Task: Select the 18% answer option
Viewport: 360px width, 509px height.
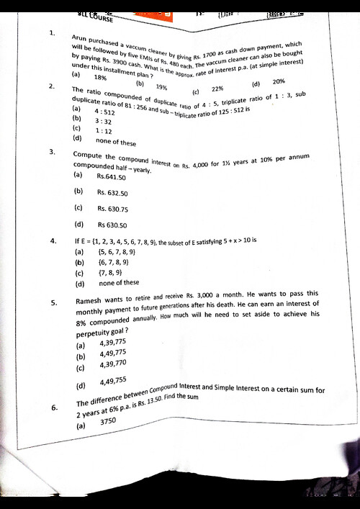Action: coord(101,78)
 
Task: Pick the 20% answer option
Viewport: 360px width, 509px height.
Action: coord(279,81)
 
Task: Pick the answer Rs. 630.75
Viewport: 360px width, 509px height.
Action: coord(113,209)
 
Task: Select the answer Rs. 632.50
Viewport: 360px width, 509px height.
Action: coord(112,193)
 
